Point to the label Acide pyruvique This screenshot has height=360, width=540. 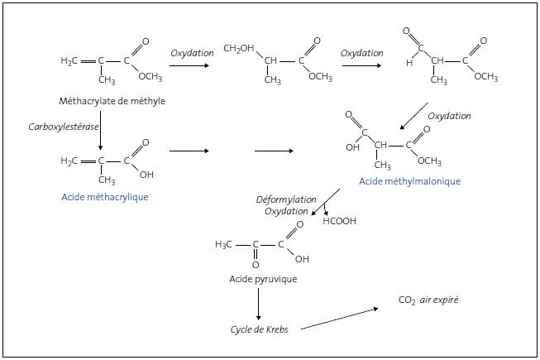pos(263,279)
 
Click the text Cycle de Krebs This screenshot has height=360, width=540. pos(261,329)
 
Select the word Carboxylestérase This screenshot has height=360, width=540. pos(60,123)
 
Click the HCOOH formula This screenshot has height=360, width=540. pos(338,221)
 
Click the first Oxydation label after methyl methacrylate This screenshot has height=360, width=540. pos(193,53)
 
